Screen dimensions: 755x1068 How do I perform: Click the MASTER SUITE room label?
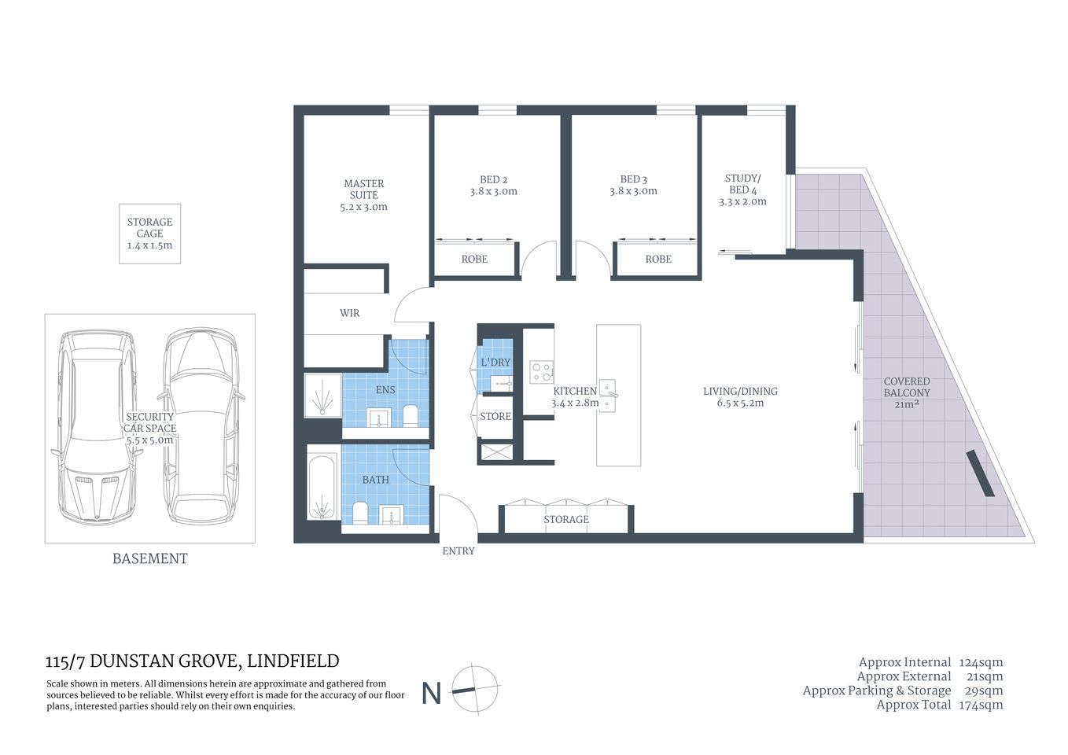point(363,189)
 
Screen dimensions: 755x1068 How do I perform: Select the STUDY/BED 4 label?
point(742,184)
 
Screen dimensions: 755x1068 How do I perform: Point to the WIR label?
point(349,313)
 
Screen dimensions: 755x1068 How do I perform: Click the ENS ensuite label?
point(385,390)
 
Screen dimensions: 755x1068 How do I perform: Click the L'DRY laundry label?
point(495,363)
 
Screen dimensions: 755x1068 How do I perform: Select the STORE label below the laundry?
point(495,416)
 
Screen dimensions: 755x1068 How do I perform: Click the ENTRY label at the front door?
point(458,551)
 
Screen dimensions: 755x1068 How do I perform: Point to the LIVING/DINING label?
point(740,391)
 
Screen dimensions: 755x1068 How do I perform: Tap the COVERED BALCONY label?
point(906,387)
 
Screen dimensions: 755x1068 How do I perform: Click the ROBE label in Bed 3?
point(658,260)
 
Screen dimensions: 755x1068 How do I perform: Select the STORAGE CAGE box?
point(149,234)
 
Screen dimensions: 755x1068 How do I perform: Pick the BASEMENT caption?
point(149,558)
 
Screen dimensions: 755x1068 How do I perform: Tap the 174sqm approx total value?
point(981,705)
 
